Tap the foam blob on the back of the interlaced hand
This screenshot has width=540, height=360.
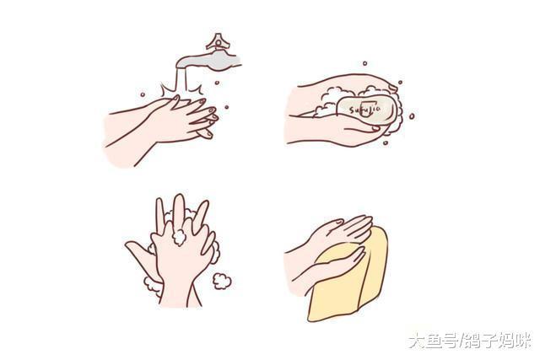[x=179, y=237]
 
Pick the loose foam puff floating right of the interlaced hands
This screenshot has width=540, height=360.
[x=222, y=279]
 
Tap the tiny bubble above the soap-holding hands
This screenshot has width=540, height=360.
[x=364, y=63]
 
